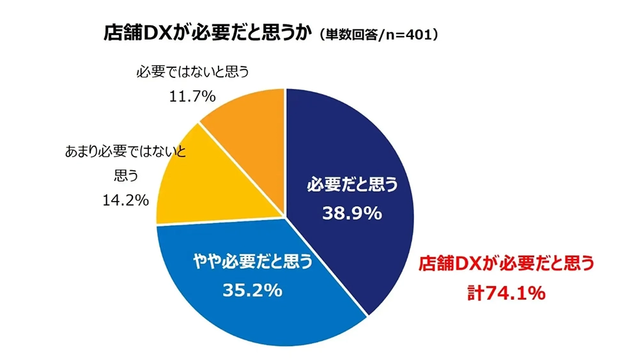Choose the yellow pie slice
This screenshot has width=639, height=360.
click(192, 185)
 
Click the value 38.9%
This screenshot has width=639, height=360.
click(352, 213)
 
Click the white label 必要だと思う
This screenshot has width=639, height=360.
click(352, 185)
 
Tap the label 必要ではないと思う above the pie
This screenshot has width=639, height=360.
click(191, 72)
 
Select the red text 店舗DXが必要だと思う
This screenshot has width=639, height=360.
click(506, 263)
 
